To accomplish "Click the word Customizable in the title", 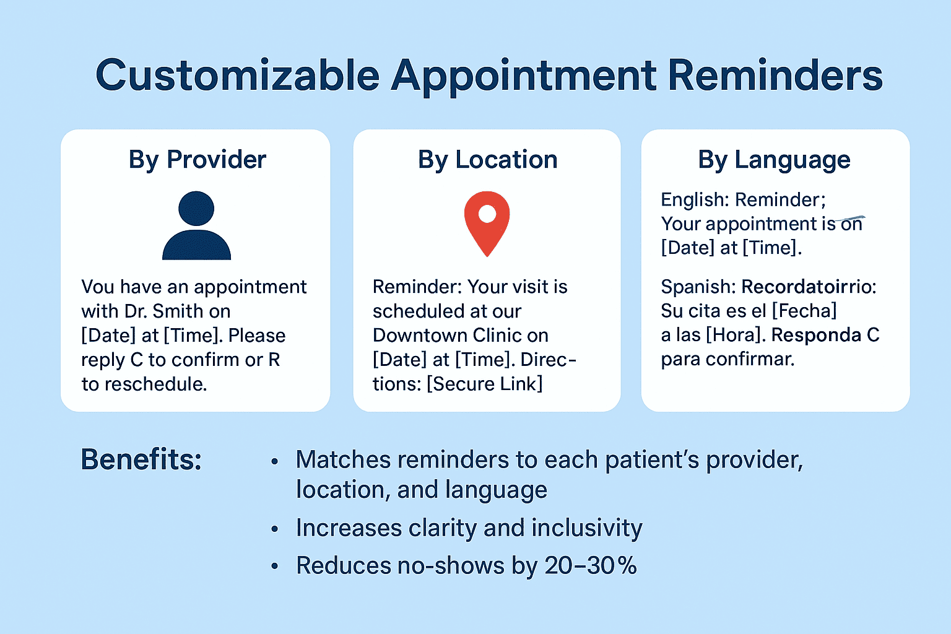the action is [x=238, y=76].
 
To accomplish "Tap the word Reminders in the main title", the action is [x=775, y=75].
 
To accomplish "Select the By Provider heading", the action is [x=198, y=160].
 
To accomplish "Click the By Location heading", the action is [x=487, y=160].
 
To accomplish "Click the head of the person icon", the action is [x=196, y=208].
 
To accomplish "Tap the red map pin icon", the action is [x=487, y=224].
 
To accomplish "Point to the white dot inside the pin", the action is [x=487, y=214].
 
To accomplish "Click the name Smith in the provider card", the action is [x=178, y=311].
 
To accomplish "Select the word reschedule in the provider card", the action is [x=155, y=384].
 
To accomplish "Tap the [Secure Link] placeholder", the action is [x=484, y=384].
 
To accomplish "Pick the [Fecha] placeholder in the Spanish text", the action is [x=804, y=311].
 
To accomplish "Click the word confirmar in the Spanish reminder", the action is [x=750, y=359].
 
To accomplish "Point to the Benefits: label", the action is [x=141, y=459].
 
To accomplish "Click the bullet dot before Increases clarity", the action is [x=275, y=529].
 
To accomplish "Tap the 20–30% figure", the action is [x=591, y=566].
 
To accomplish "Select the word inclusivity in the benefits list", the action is [x=587, y=529].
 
